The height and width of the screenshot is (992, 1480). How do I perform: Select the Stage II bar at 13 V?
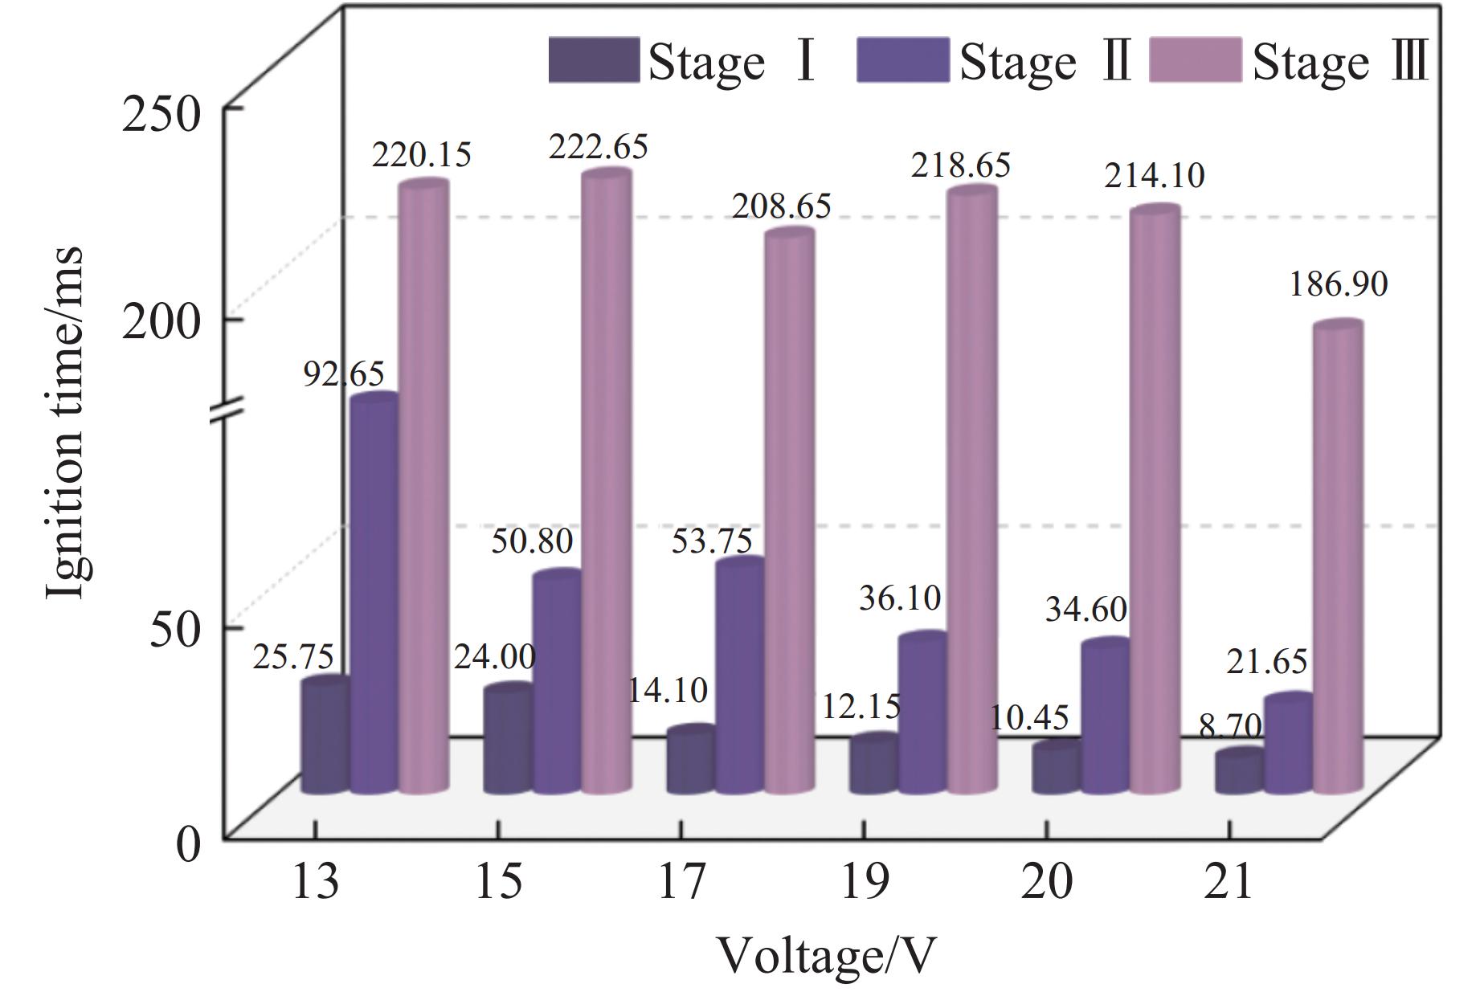[x=374, y=594]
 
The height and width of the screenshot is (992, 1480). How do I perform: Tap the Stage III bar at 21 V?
[x=1338, y=558]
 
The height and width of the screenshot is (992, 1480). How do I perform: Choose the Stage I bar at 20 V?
[x=1056, y=769]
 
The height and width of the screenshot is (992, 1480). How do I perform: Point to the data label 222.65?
[x=598, y=148]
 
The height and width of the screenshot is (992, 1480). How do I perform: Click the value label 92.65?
[x=344, y=374]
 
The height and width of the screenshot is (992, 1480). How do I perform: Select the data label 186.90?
[x=1339, y=284]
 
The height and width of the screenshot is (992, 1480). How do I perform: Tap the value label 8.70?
[x=1230, y=727]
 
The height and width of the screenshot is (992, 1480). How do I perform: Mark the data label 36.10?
[x=900, y=598]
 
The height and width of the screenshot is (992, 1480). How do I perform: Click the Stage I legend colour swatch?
[x=594, y=60]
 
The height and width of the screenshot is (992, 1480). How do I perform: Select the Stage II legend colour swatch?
[x=902, y=60]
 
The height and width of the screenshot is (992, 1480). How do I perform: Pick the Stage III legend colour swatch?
[x=1196, y=60]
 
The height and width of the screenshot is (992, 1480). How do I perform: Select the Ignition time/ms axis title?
[x=64, y=422]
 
